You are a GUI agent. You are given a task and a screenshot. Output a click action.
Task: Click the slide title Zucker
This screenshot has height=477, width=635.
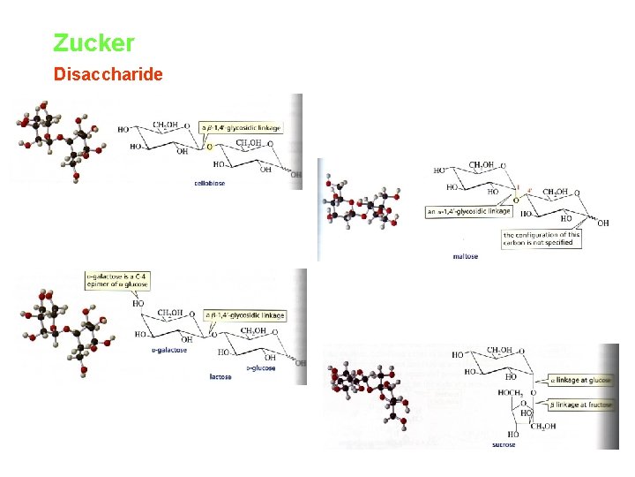[93, 42]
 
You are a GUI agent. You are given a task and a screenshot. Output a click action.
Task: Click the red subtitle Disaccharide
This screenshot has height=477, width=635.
[108, 74]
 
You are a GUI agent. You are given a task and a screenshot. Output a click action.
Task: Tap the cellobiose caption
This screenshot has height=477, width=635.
[208, 184]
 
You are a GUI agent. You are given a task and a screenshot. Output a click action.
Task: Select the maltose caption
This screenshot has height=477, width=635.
[465, 257]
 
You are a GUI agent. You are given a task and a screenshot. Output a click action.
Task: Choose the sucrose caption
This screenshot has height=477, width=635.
[504, 444]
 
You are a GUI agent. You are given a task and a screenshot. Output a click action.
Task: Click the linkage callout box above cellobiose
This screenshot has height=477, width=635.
[241, 128]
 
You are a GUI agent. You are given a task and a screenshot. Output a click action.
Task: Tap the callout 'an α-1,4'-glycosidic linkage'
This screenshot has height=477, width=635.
[468, 211]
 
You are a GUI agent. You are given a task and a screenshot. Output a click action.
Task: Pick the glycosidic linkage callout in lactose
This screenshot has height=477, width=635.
[245, 315]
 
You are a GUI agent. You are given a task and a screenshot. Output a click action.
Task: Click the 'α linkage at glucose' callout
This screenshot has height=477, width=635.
[580, 380]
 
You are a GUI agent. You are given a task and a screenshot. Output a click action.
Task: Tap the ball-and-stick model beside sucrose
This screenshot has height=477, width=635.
[374, 394]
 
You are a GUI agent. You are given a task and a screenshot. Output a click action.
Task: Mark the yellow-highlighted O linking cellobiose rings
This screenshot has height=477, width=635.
[209, 147]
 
